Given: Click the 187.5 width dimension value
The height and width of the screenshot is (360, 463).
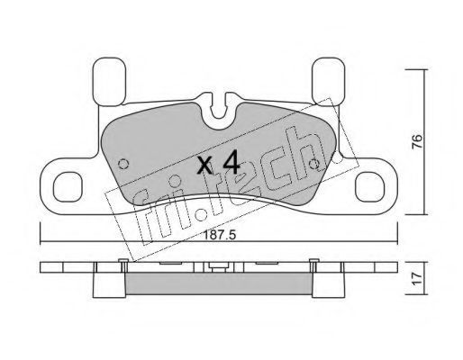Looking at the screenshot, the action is (x=220, y=235).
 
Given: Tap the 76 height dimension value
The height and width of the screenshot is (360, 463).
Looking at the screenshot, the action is (x=417, y=141).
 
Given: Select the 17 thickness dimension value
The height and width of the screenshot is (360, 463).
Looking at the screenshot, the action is (x=417, y=279).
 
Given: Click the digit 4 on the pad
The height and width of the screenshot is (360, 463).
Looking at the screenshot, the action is (x=231, y=162).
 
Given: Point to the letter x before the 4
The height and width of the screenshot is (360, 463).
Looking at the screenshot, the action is (x=204, y=166).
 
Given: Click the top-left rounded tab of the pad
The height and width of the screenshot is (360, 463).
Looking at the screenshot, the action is (x=109, y=82).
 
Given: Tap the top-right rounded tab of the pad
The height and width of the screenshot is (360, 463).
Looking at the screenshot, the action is (x=328, y=82).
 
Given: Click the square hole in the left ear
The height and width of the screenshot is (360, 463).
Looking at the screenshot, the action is (x=68, y=187).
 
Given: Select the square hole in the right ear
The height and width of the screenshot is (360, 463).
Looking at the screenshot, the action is (x=369, y=187).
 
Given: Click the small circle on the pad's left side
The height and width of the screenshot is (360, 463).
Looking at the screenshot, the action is (x=123, y=164).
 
